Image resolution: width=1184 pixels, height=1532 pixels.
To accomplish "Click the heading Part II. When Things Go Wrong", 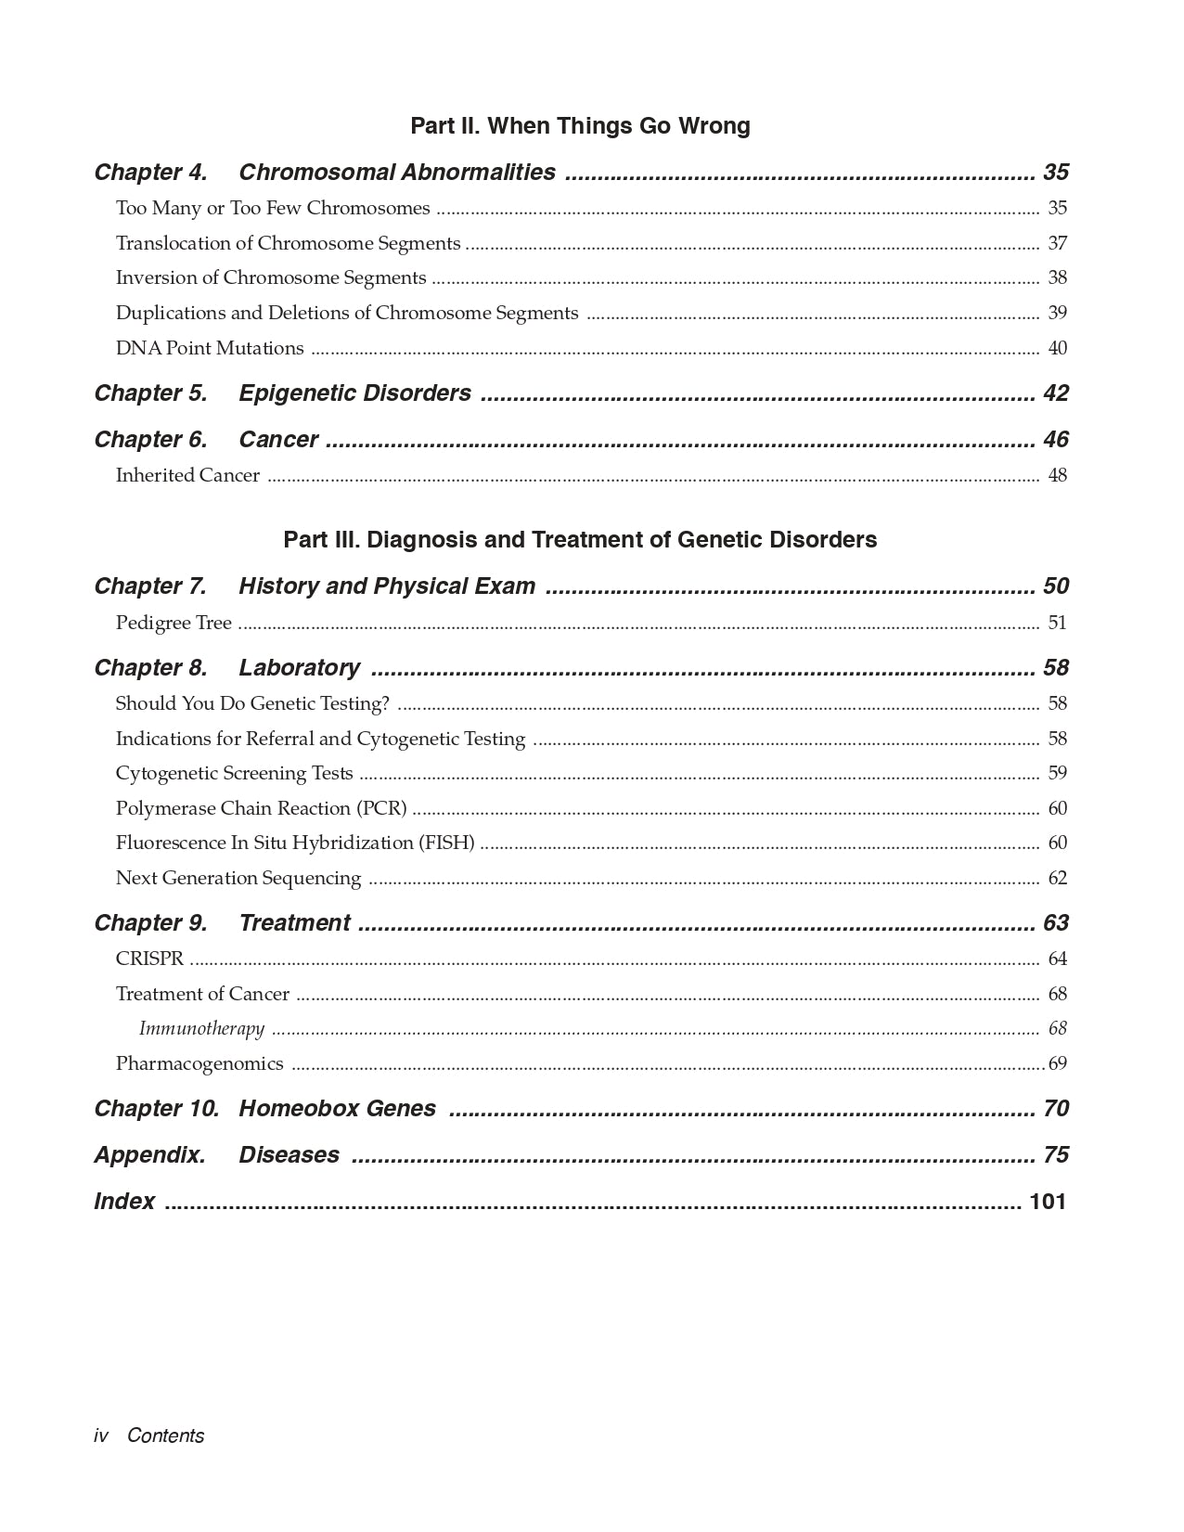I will (x=580, y=126).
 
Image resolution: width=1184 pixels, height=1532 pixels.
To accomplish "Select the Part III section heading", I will (x=580, y=540).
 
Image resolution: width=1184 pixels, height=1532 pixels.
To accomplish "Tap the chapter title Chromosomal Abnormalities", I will (x=397, y=173).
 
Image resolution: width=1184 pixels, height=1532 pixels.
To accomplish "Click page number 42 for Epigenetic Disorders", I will (x=1056, y=393).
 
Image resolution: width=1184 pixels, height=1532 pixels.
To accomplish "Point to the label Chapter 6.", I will (x=150, y=440).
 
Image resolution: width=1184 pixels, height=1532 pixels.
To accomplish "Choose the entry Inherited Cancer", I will (x=187, y=476).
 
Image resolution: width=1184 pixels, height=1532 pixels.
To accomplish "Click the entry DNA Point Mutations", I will (x=210, y=349).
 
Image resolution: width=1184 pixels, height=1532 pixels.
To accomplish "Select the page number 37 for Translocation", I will (x=1057, y=244).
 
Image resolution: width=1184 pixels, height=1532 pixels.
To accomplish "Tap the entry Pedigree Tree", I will (x=174, y=623).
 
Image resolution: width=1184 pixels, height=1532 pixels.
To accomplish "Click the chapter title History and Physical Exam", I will (x=387, y=586).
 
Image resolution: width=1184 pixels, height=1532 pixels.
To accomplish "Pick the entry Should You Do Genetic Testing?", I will (x=252, y=704).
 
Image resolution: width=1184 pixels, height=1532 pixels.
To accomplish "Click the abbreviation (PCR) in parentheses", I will (x=381, y=809).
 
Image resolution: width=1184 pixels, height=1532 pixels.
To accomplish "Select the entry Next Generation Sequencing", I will (x=238, y=879).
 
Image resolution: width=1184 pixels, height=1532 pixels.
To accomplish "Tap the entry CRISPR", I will (x=149, y=959).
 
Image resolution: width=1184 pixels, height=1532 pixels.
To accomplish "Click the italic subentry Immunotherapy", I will (x=201, y=1029).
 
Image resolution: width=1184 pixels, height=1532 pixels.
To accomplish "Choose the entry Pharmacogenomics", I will (x=199, y=1064).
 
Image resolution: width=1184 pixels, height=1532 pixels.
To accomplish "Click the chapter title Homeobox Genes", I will (x=337, y=1109).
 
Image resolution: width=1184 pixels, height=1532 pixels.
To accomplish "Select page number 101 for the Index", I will (x=1048, y=1202).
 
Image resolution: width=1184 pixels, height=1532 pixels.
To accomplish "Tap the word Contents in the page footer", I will (x=165, y=1435).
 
